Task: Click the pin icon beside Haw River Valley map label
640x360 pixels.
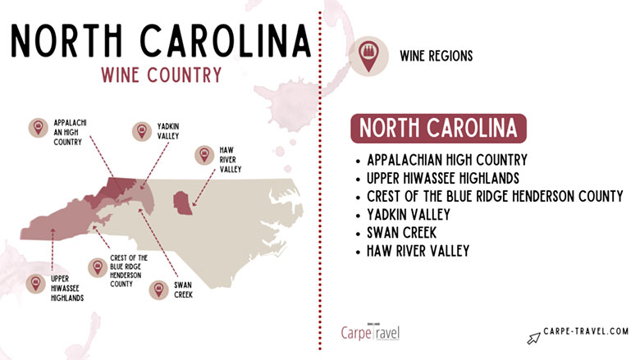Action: [203, 154]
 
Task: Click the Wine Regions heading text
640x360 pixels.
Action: [437, 56]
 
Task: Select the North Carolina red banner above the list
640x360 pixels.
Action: [438, 129]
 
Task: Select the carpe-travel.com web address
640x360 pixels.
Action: [587, 332]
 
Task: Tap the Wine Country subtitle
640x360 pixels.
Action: [161, 75]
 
